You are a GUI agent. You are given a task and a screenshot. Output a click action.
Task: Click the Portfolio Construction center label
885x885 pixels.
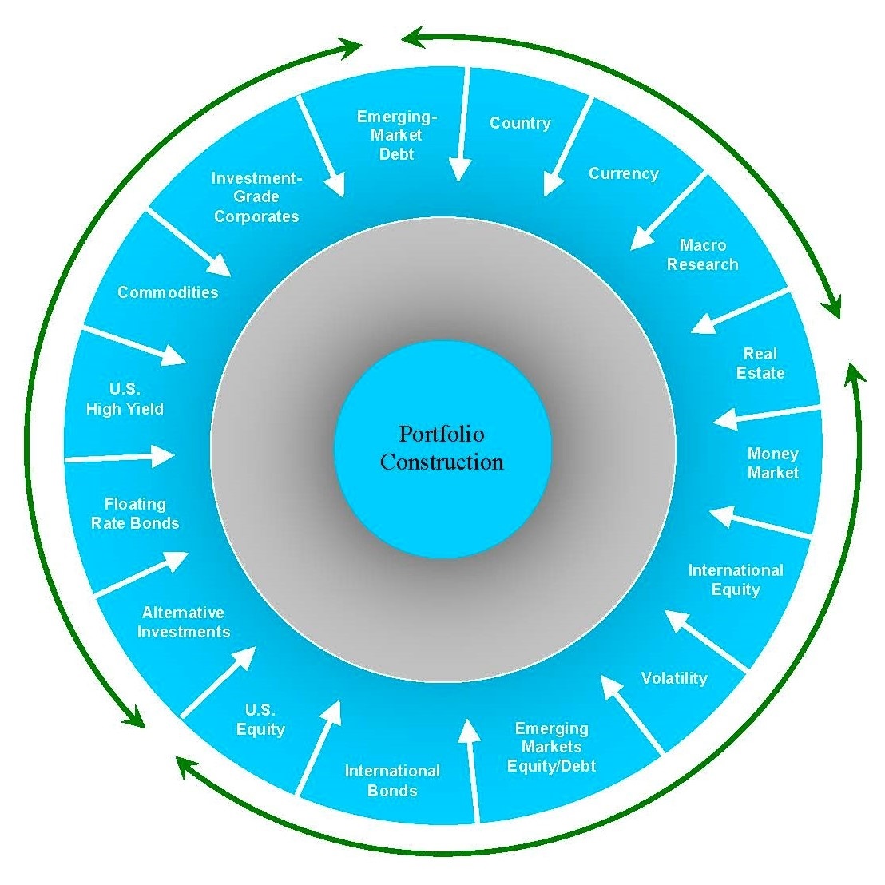442,448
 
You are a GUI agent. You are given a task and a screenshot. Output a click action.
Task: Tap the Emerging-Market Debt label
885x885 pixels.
396,135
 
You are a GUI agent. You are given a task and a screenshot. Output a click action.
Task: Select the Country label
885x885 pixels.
520,123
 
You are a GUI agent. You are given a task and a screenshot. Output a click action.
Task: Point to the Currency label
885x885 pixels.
623,173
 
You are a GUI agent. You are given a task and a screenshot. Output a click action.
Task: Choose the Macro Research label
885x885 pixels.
702,255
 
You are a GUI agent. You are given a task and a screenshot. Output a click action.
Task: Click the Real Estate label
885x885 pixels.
760,363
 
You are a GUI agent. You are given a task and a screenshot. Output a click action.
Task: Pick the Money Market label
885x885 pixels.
772,463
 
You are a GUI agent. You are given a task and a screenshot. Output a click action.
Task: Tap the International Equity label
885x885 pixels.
735,580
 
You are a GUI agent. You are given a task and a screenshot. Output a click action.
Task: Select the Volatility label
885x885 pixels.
674,678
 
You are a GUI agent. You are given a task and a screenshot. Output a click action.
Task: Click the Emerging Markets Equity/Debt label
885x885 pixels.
551,748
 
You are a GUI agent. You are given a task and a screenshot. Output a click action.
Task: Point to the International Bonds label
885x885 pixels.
392,780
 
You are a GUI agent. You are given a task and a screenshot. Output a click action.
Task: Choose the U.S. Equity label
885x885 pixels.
260,720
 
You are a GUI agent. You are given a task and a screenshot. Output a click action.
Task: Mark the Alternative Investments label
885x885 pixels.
183,622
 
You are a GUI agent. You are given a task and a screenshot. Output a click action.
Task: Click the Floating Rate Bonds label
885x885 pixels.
135,514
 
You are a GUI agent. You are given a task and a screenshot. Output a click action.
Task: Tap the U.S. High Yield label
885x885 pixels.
125,399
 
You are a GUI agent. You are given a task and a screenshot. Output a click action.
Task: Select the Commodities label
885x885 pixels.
168,292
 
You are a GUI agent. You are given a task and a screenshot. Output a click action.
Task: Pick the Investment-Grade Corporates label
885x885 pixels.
256,197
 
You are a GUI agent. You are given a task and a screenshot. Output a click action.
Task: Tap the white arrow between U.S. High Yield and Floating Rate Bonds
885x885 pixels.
120,458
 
